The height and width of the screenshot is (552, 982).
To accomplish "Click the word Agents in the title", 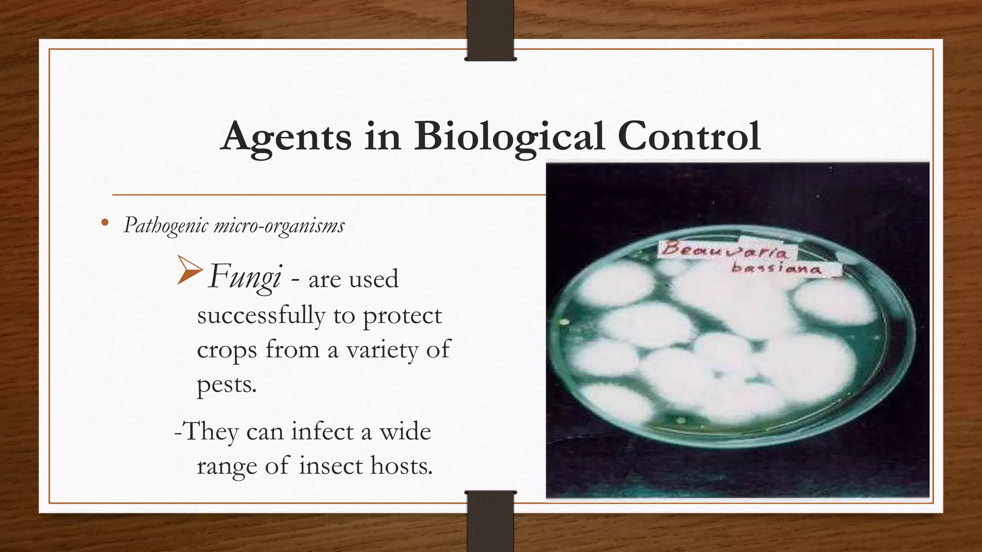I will pyautogui.click(x=286, y=137).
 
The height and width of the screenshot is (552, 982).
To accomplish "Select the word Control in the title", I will pyautogui.click(x=689, y=136).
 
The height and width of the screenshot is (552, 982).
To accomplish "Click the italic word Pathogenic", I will pyautogui.click(x=166, y=225).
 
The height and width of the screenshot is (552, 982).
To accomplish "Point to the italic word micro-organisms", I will pyautogui.click(x=279, y=225).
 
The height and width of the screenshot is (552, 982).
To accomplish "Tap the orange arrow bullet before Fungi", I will pyautogui.click(x=189, y=271).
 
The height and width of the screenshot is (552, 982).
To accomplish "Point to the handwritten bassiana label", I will pyautogui.click(x=776, y=268).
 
